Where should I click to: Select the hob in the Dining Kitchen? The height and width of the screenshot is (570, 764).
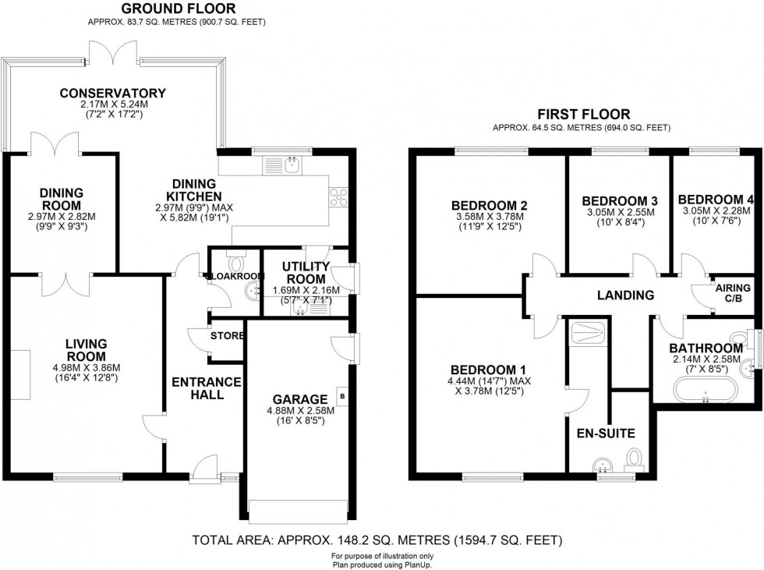(x=340, y=198)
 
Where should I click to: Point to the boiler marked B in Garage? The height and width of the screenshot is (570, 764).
(x=341, y=397)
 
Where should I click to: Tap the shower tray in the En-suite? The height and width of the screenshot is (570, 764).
(x=586, y=333)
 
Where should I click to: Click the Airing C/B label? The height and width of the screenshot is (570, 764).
(x=732, y=294)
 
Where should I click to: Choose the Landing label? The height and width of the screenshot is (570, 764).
(x=624, y=295)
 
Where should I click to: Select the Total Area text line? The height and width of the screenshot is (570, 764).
(x=377, y=539)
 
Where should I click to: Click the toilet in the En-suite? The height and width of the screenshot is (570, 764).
(x=635, y=458)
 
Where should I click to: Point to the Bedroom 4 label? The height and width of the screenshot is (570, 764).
(x=716, y=199)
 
